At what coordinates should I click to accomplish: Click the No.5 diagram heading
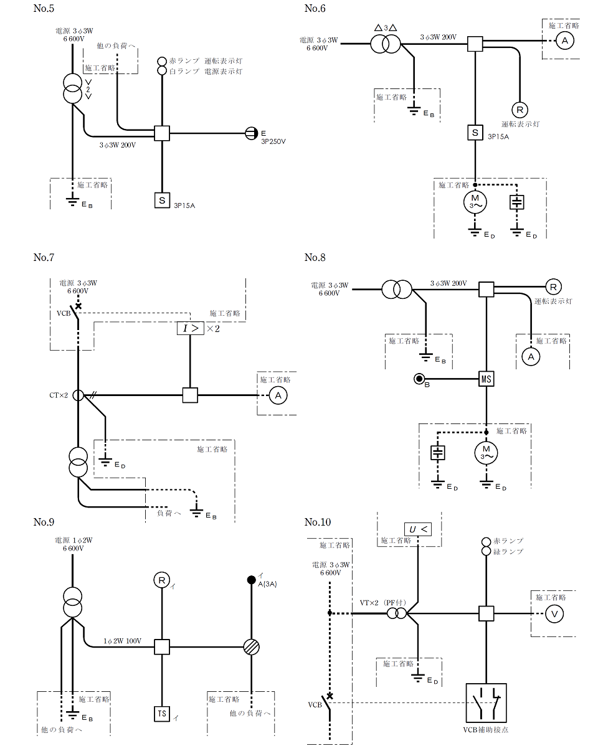coord(44,9)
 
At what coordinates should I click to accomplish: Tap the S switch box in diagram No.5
coord(162,201)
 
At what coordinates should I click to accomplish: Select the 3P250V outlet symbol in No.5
coord(251,133)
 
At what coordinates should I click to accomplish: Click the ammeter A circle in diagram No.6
coord(564,40)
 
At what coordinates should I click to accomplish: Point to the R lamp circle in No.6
coord(520,110)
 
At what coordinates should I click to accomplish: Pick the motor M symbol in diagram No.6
coord(475,202)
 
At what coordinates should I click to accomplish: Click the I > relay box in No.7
coord(190,328)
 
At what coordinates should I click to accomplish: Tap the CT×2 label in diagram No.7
coord(59,395)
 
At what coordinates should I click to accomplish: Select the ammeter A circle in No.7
coord(278,395)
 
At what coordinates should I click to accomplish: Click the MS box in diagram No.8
coord(486,379)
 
